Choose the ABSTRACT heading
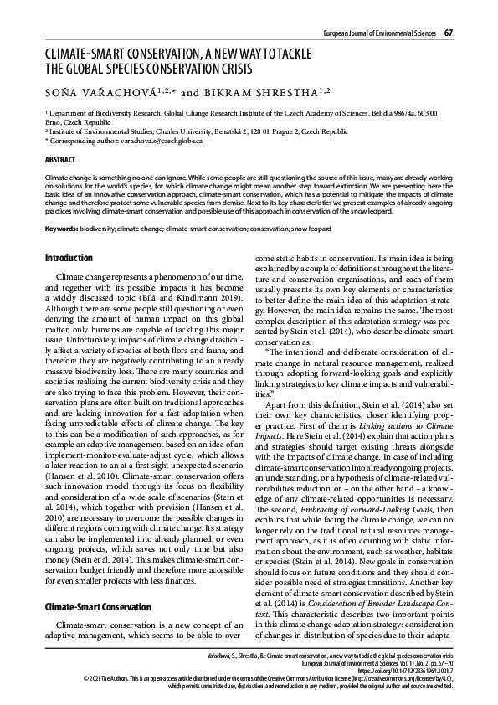click(59, 159)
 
